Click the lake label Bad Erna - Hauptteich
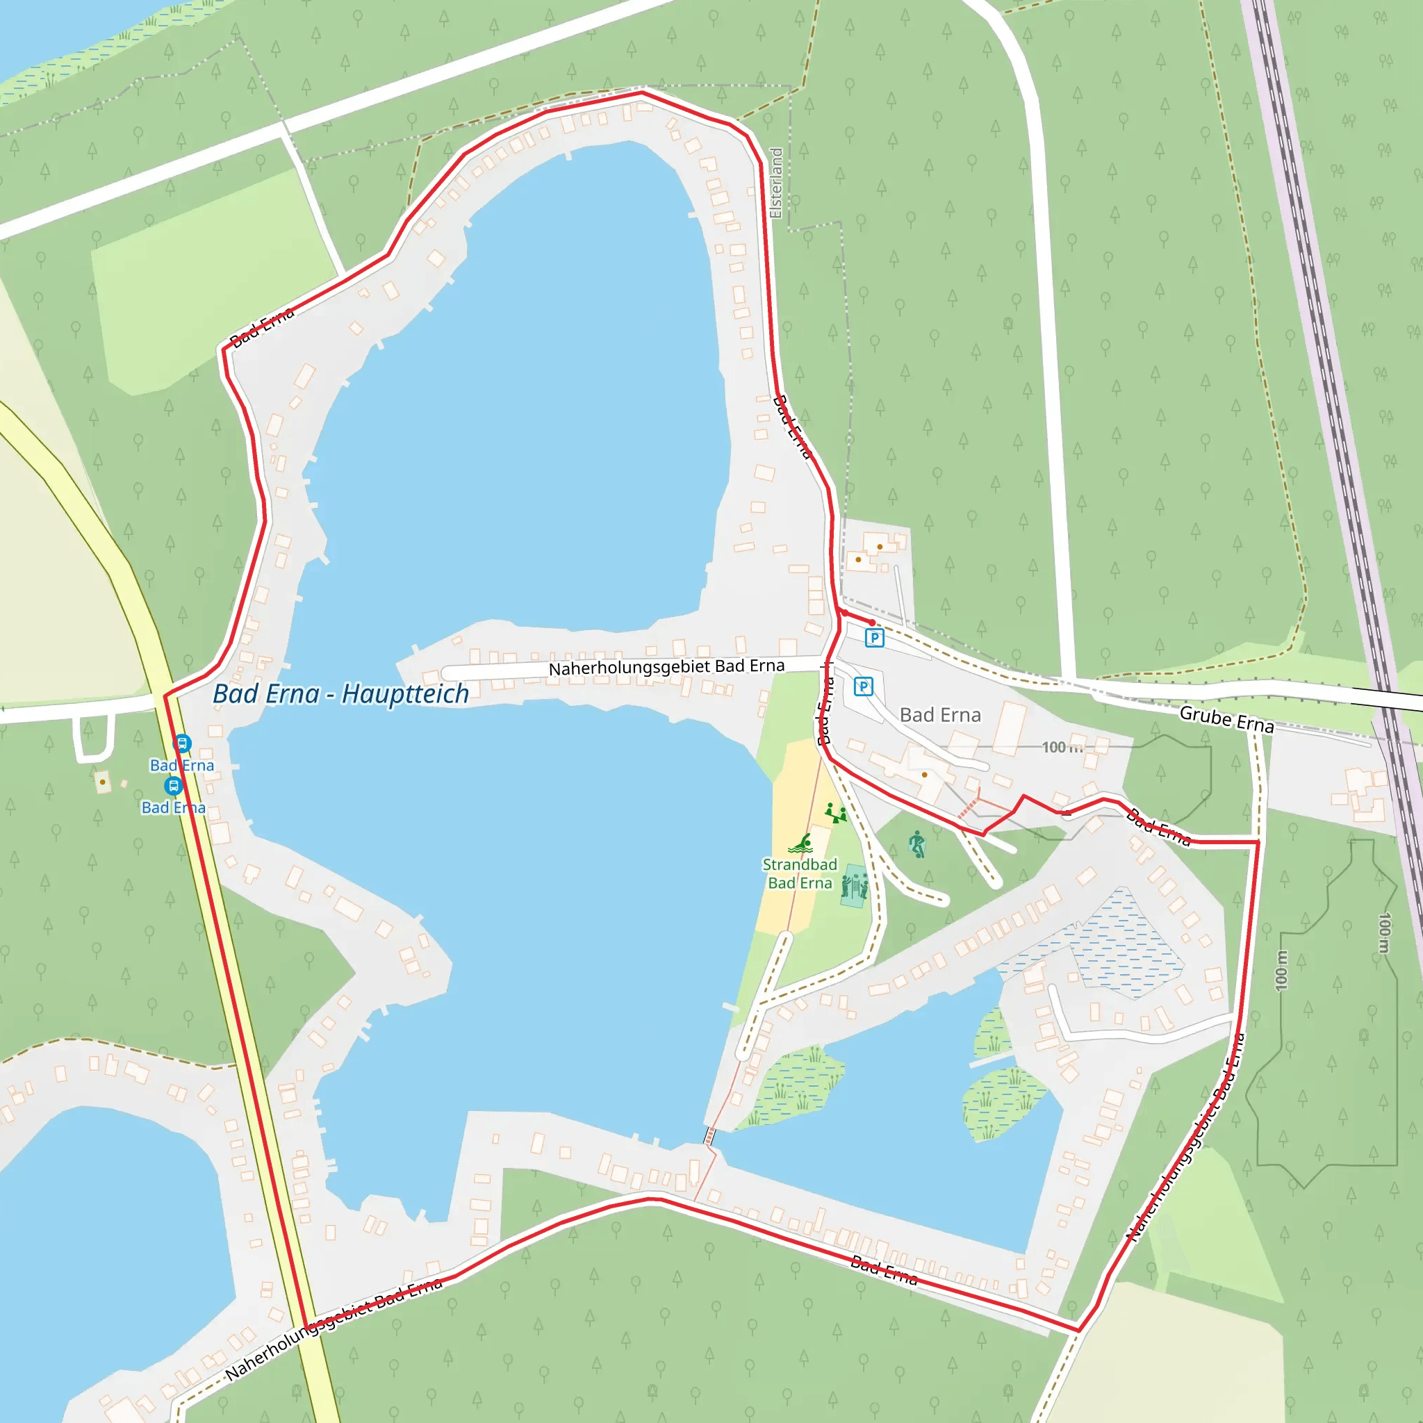pos(340,694)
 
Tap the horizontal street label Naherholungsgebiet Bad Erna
pos(666,667)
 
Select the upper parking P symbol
pos(874,638)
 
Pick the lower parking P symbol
pos(863,686)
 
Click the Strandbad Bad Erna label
pos(800,873)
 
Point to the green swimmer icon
pos(801,844)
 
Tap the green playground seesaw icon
pos(835,813)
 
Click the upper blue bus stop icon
pos(182,743)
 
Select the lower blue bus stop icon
pos(173,786)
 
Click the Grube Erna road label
pos(1226,719)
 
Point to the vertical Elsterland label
pos(775,183)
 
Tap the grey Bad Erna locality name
pos(940,715)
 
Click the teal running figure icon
pos(917,844)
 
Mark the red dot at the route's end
pos(872,623)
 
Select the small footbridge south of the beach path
pos(710,1135)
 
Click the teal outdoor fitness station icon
pos(854,887)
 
